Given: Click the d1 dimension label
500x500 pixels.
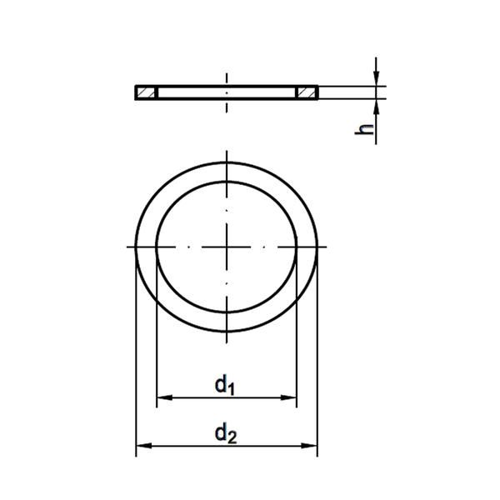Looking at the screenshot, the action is click(225, 385).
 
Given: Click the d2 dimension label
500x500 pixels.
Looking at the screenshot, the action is click(226, 433).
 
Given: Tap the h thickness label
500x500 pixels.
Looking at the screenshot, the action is click(364, 129).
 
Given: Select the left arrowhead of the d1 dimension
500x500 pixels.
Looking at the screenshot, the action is click(164, 397).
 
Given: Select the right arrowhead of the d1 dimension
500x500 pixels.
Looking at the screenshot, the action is click(288, 397).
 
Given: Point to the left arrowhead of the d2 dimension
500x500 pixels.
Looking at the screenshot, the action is click(144, 446).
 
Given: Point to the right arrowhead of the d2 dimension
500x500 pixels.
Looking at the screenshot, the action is click(309, 446).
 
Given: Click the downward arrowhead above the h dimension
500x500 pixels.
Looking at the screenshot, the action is click(377, 79).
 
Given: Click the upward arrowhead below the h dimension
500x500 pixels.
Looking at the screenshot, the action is click(377, 107).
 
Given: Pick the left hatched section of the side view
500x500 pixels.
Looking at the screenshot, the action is click(146, 92).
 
